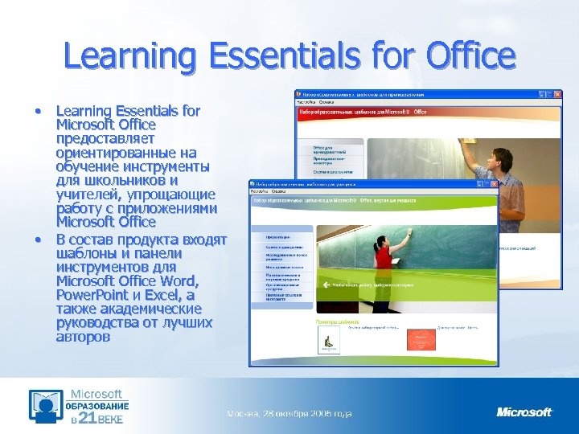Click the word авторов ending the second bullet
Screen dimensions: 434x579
coord(84,337)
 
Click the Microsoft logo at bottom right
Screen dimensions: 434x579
coord(524,412)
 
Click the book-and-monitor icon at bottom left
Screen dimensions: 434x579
coord(47,407)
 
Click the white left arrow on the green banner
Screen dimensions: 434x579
coord(325,284)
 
